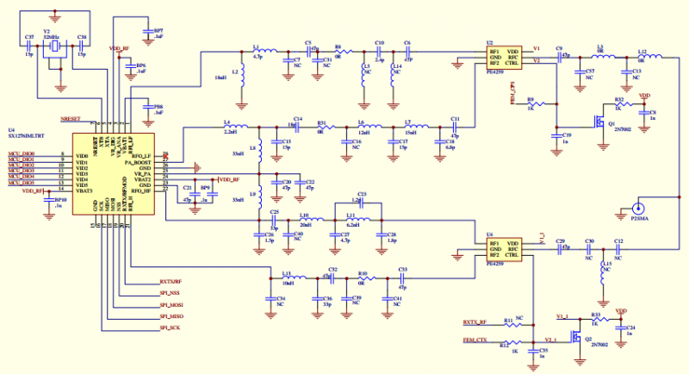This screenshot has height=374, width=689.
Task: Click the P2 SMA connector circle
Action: click(638, 208)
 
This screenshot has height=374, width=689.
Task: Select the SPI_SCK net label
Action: click(170, 328)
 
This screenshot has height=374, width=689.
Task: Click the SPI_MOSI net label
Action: click(171, 305)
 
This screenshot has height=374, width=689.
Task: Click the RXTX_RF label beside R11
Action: click(476, 322)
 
